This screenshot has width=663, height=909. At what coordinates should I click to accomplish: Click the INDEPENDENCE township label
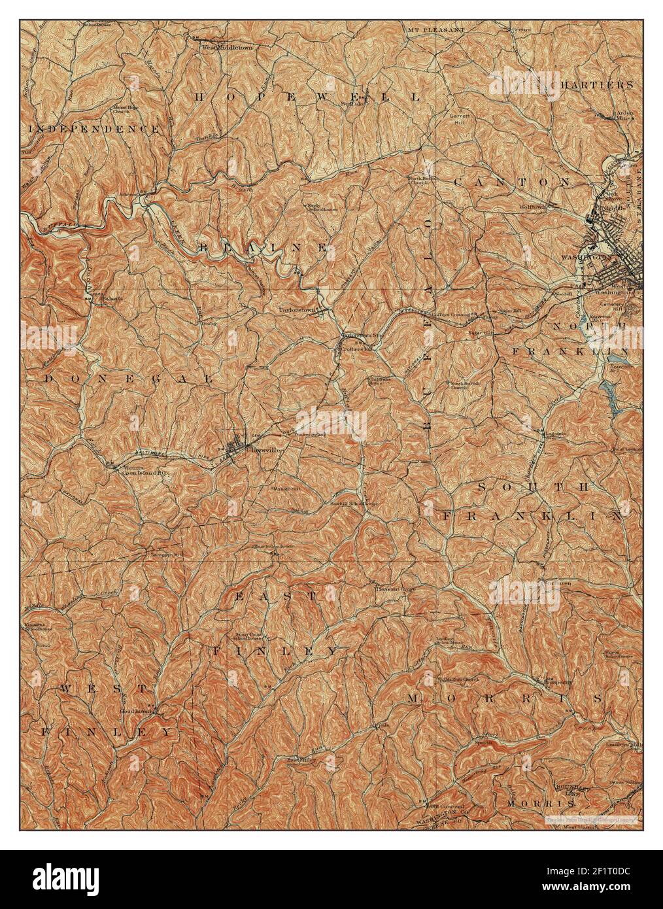click(x=94, y=129)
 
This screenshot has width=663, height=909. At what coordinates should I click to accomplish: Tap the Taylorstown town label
click(x=297, y=310)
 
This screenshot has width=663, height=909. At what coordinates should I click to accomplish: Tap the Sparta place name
click(x=483, y=743)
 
